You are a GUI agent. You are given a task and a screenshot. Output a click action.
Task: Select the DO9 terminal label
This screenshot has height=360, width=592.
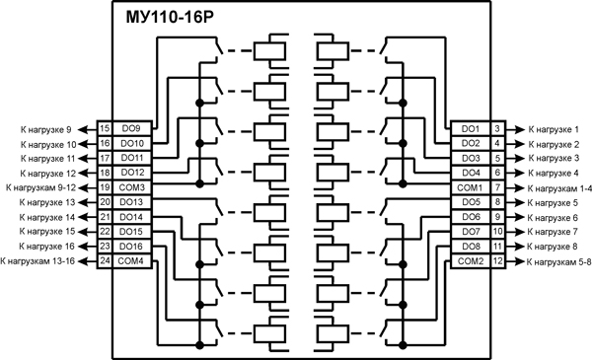click(x=131, y=129)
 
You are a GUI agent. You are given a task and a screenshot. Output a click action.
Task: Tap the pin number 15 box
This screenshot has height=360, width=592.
click(x=105, y=129)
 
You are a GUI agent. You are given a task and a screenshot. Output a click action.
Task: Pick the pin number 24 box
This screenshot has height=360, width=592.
click(x=105, y=260)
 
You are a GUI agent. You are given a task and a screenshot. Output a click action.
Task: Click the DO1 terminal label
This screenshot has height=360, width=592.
click(x=471, y=129)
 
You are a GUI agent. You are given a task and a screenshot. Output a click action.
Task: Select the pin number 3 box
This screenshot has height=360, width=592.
click(x=498, y=129)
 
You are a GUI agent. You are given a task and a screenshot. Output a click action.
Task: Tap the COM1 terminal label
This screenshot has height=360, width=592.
click(x=470, y=187)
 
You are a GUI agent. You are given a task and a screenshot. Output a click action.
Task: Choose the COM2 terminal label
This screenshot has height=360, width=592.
click(x=470, y=260)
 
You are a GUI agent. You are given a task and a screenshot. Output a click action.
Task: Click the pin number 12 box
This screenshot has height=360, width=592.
click(x=498, y=260)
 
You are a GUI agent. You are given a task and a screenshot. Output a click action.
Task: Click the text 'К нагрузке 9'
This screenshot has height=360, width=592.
click(x=46, y=129)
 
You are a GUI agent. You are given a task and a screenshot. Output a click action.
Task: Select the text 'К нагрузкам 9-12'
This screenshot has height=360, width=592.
click(x=40, y=187)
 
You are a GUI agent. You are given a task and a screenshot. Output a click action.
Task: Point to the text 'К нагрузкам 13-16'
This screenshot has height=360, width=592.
click(x=38, y=260)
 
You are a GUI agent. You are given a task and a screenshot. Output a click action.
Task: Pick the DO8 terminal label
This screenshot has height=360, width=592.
click(x=471, y=246)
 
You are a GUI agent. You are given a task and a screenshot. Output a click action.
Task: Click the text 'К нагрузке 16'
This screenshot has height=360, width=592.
click(x=43, y=246)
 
